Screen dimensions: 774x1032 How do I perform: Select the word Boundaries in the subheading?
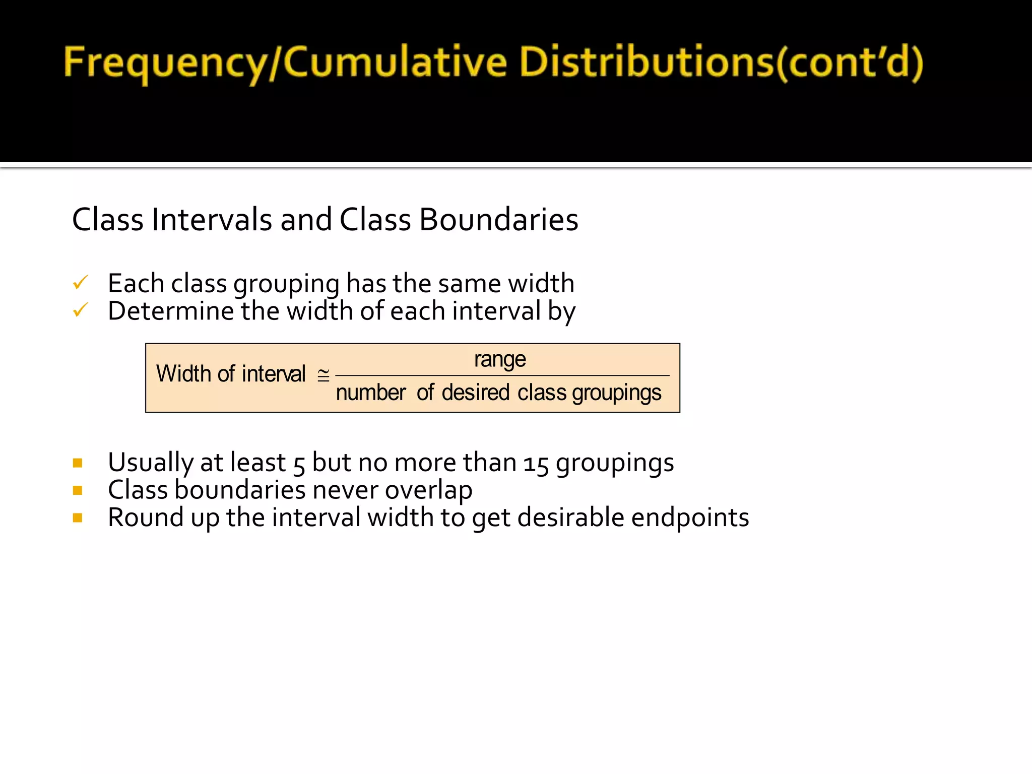coord(498,220)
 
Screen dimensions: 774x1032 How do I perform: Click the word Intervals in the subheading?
coord(212,220)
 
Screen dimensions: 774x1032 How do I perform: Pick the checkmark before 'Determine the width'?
coord(81,310)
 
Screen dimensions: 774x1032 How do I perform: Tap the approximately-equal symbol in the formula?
coord(324,375)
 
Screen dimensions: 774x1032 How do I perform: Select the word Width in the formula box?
coord(183,374)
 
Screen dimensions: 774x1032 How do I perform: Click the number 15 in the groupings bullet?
coord(536,464)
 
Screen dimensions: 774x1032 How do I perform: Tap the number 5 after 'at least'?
coord(299,464)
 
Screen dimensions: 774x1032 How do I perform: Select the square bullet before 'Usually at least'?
coord(78,463)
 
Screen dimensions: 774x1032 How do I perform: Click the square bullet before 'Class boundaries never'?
coord(78,490)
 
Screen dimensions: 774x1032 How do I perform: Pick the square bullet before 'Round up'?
coord(78,518)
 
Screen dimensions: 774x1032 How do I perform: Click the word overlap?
coord(428,490)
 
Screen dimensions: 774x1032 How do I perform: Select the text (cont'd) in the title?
coord(849,63)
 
